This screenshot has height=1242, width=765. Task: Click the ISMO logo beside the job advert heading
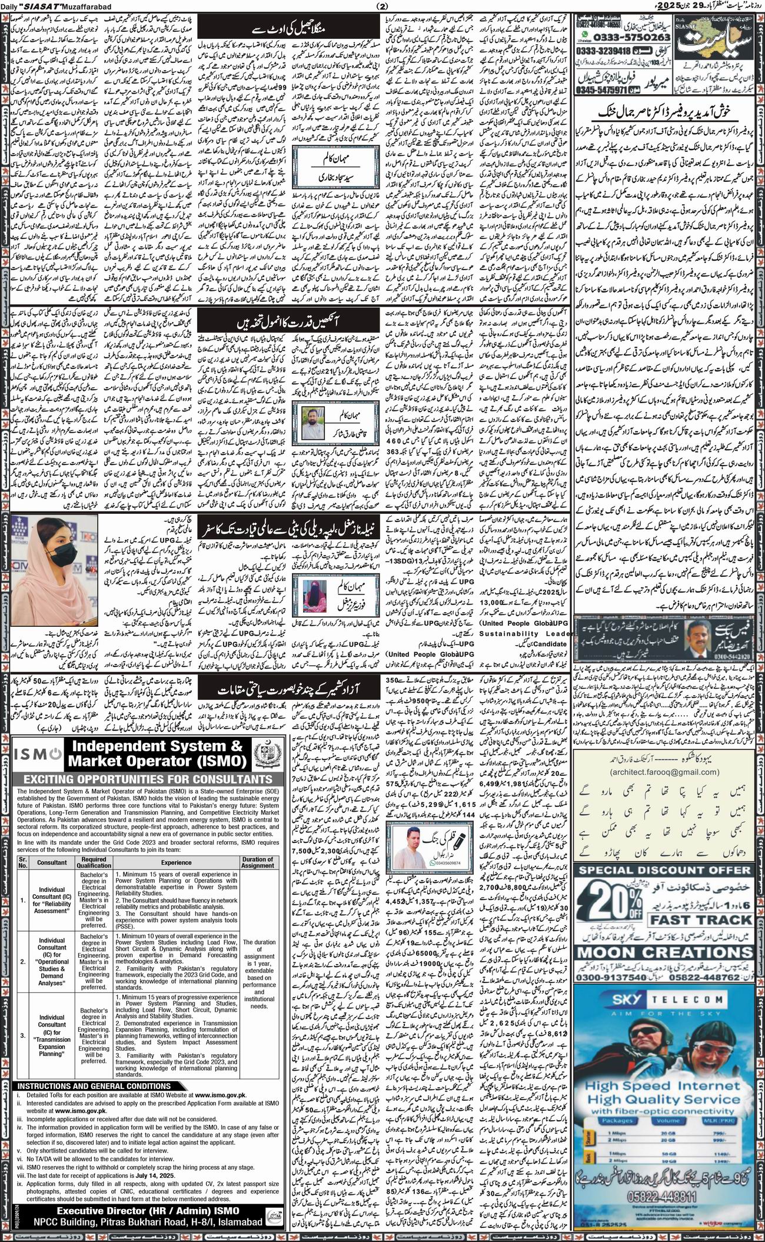pos(37,753)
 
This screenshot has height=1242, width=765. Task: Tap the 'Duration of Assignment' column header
pos(257,862)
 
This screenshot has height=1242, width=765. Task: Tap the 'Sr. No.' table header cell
pos(22,862)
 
